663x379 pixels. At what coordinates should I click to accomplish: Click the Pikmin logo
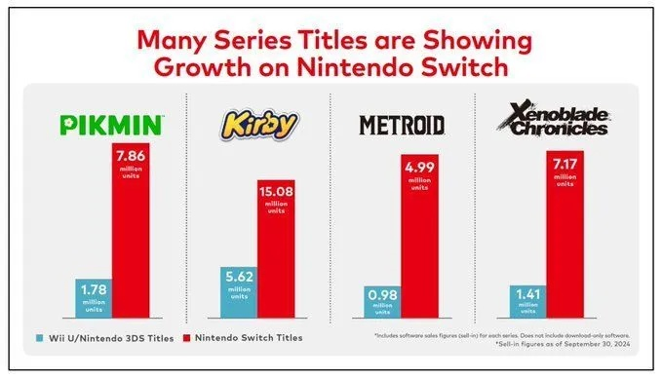[113, 125]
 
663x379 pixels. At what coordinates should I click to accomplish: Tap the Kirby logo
[256, 125]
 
